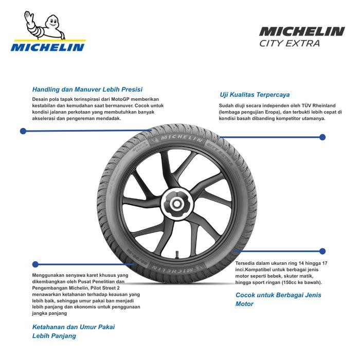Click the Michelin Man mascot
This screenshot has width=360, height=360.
(x=49, y=26)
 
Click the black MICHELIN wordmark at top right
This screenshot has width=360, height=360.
(x=301, y=32)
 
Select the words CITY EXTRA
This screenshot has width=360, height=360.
(x=290, y=44)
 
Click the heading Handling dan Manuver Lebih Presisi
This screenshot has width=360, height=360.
(x=87, y=88)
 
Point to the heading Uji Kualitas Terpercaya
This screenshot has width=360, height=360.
(x=255, y=95)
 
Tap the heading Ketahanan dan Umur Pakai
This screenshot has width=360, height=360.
(x=74, y=327)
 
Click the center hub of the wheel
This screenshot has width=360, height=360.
(x=176, y=204)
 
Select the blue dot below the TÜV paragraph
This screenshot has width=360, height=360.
(x=322, y=137)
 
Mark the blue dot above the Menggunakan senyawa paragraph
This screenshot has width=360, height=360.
(x=35, y=264)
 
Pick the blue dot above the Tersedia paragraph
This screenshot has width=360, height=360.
(x=322, y=251)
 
